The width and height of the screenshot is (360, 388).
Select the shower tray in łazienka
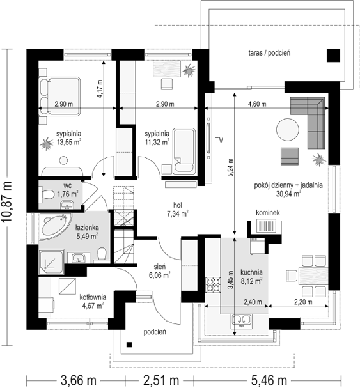point(52,262)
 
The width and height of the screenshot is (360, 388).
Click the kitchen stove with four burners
point(213,285)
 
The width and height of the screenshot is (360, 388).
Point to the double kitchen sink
point(242,321)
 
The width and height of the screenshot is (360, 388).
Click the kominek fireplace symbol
point(265,226)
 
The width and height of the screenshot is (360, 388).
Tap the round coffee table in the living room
point(288,130)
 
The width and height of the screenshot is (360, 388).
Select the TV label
point(219,140)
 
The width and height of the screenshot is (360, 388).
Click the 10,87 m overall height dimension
point(7,202)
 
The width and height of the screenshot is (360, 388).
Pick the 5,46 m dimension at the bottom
point(270,380)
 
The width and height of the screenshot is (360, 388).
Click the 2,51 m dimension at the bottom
point(161,380)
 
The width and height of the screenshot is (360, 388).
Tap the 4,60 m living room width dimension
point(257,104)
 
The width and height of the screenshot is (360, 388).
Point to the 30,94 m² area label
point(288,194)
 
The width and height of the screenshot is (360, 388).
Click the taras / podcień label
point(269,53)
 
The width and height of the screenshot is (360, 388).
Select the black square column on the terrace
point(333,55)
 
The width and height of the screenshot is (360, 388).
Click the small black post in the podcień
point(129,345)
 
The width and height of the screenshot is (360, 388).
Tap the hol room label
point(178,205)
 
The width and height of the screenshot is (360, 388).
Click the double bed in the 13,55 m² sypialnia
point(59,97)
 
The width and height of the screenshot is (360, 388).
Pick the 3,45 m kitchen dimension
point(230,279)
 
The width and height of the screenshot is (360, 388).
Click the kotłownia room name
point(93,297)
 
